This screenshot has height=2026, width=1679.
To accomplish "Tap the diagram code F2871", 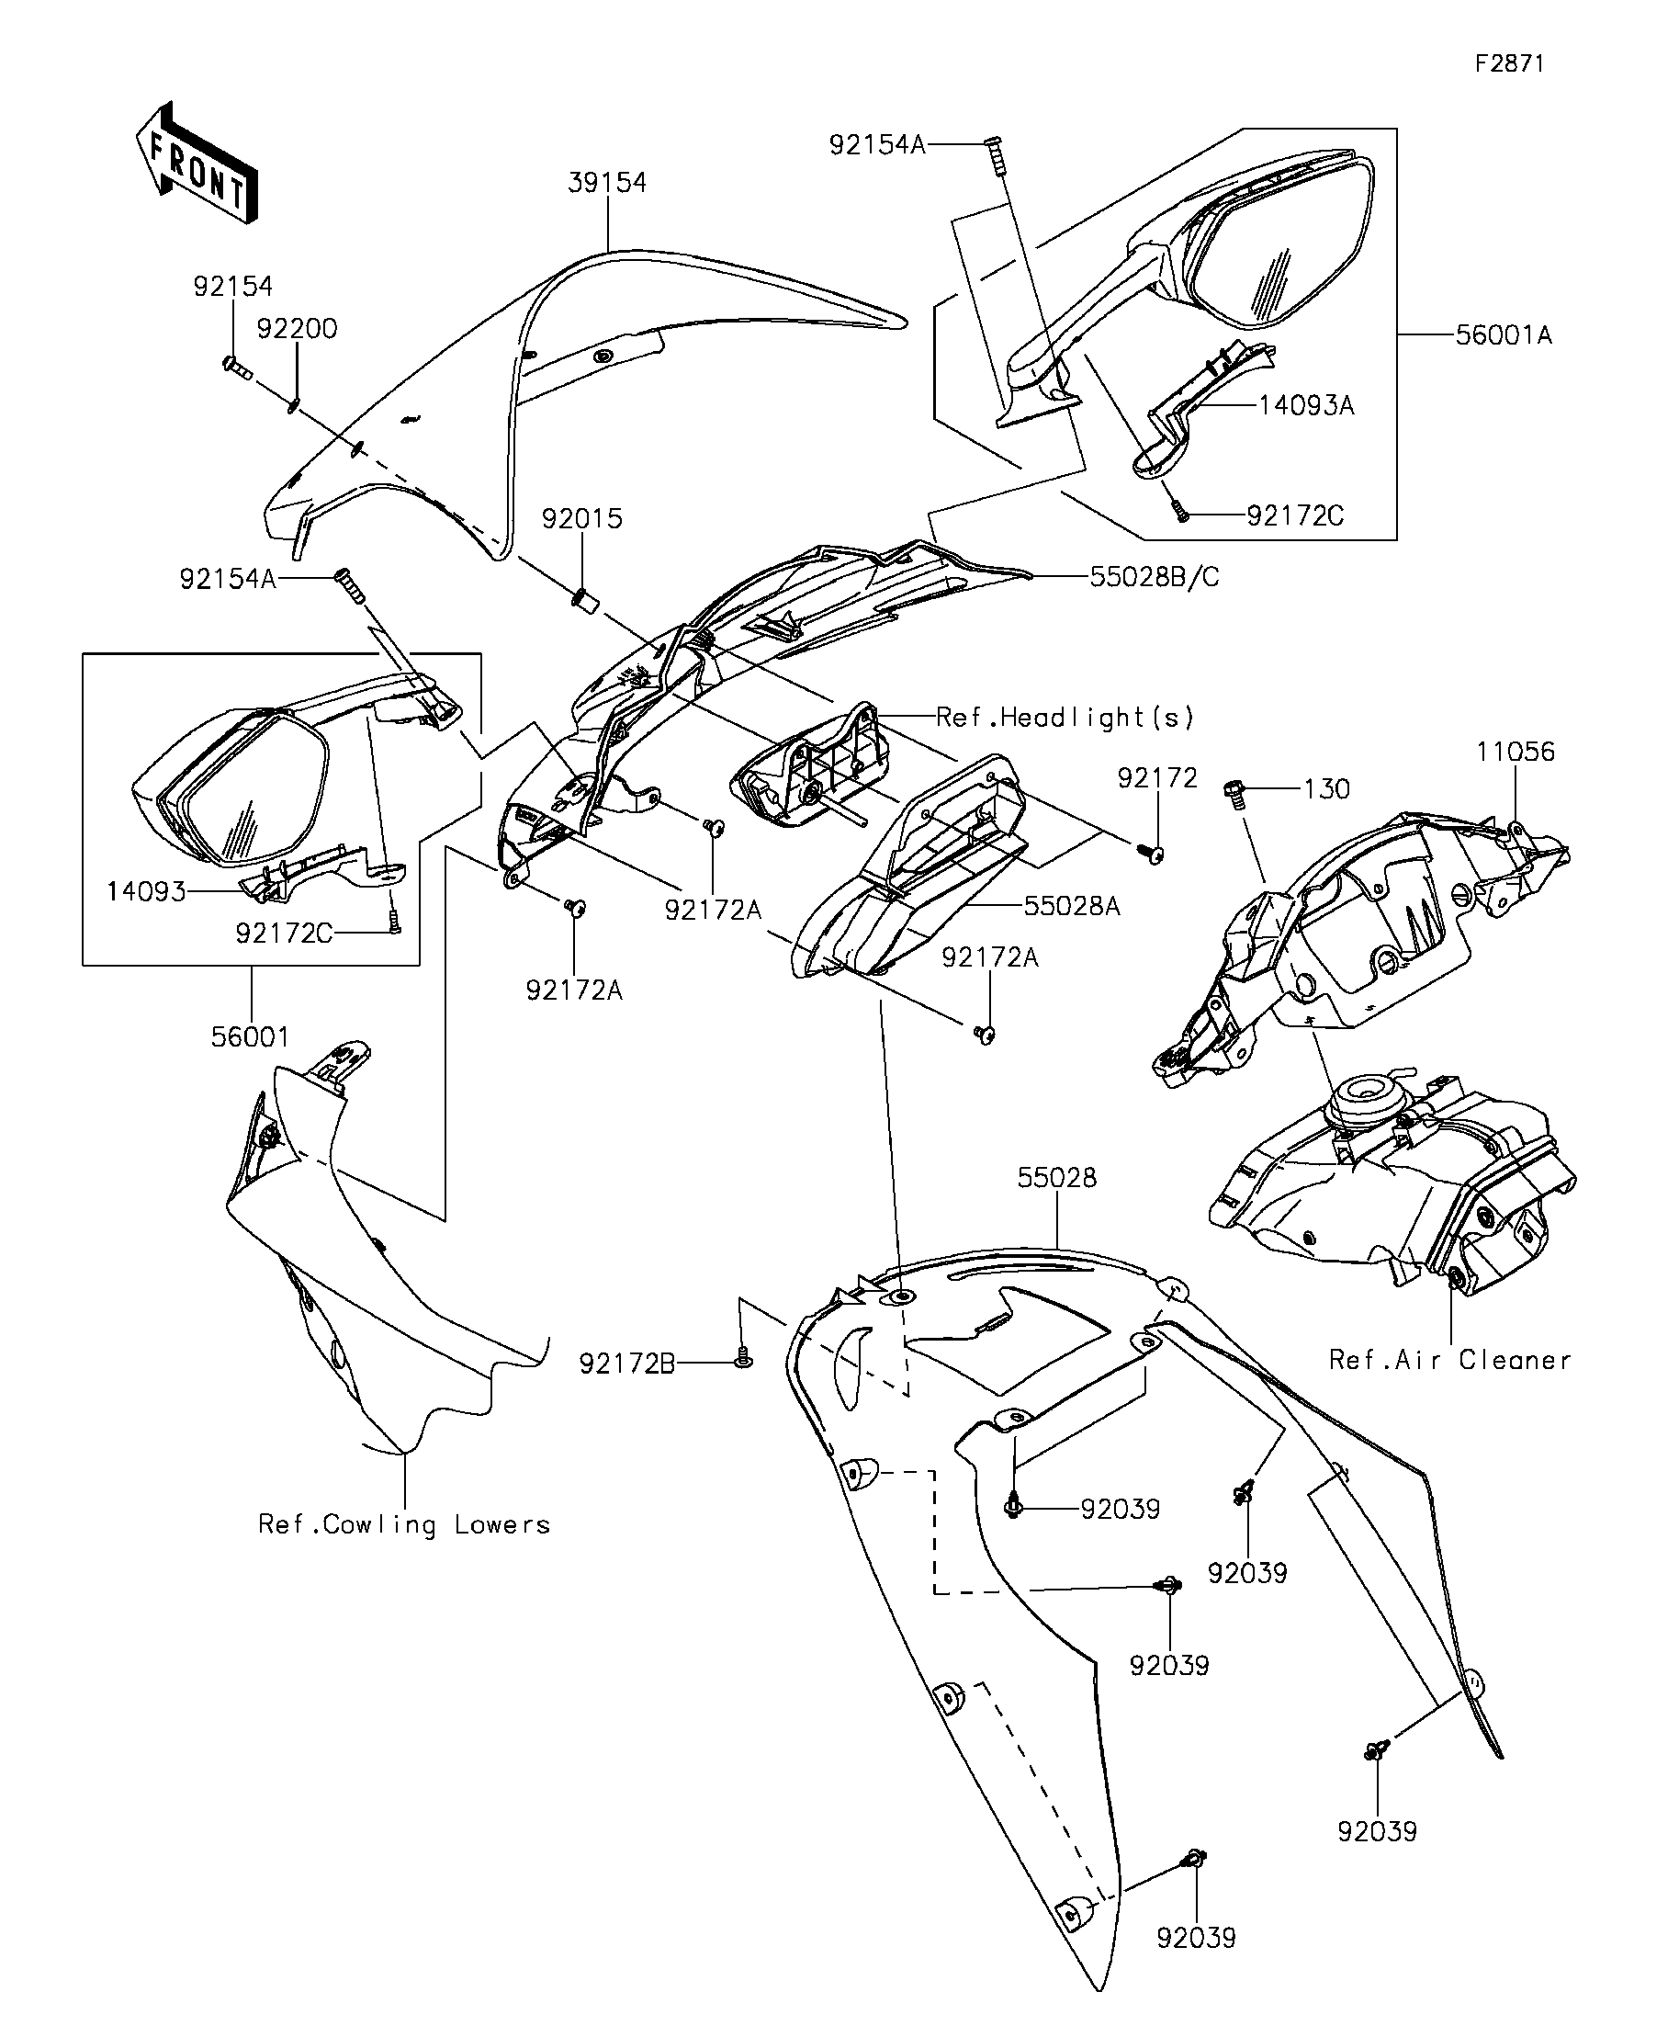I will tap(1509, 63).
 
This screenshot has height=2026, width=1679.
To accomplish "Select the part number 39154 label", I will tap(606, 182).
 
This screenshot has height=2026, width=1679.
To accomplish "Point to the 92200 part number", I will tap(297, 329).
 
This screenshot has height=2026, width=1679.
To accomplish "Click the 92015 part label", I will tap(581, 519).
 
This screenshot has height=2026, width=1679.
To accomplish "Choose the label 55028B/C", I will tap(1155, 577).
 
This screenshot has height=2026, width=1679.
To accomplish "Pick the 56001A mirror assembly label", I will tap(1504, 334).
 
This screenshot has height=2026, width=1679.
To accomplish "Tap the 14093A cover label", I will tap(1306, 405).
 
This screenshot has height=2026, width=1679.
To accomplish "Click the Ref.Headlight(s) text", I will tap(1065, 717).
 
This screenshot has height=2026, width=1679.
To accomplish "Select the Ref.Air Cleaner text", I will tap(1449, 1360).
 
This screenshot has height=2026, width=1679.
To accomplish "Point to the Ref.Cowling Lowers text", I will tap(404, 1524).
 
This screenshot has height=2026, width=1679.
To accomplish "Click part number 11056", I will tap(1516, 752).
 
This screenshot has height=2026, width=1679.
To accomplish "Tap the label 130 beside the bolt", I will tap(1326, 789).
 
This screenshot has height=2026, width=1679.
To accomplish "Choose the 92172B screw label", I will tap(626, 1363).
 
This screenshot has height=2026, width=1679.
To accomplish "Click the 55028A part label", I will tap(1072, 906).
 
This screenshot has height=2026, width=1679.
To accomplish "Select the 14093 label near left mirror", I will tap(146, 890).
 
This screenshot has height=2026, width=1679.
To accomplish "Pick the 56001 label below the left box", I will tap(250, 1037).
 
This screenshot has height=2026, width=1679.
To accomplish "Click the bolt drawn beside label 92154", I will tap(235, 367).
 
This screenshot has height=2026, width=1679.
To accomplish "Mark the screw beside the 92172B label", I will tap(741, 1357).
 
